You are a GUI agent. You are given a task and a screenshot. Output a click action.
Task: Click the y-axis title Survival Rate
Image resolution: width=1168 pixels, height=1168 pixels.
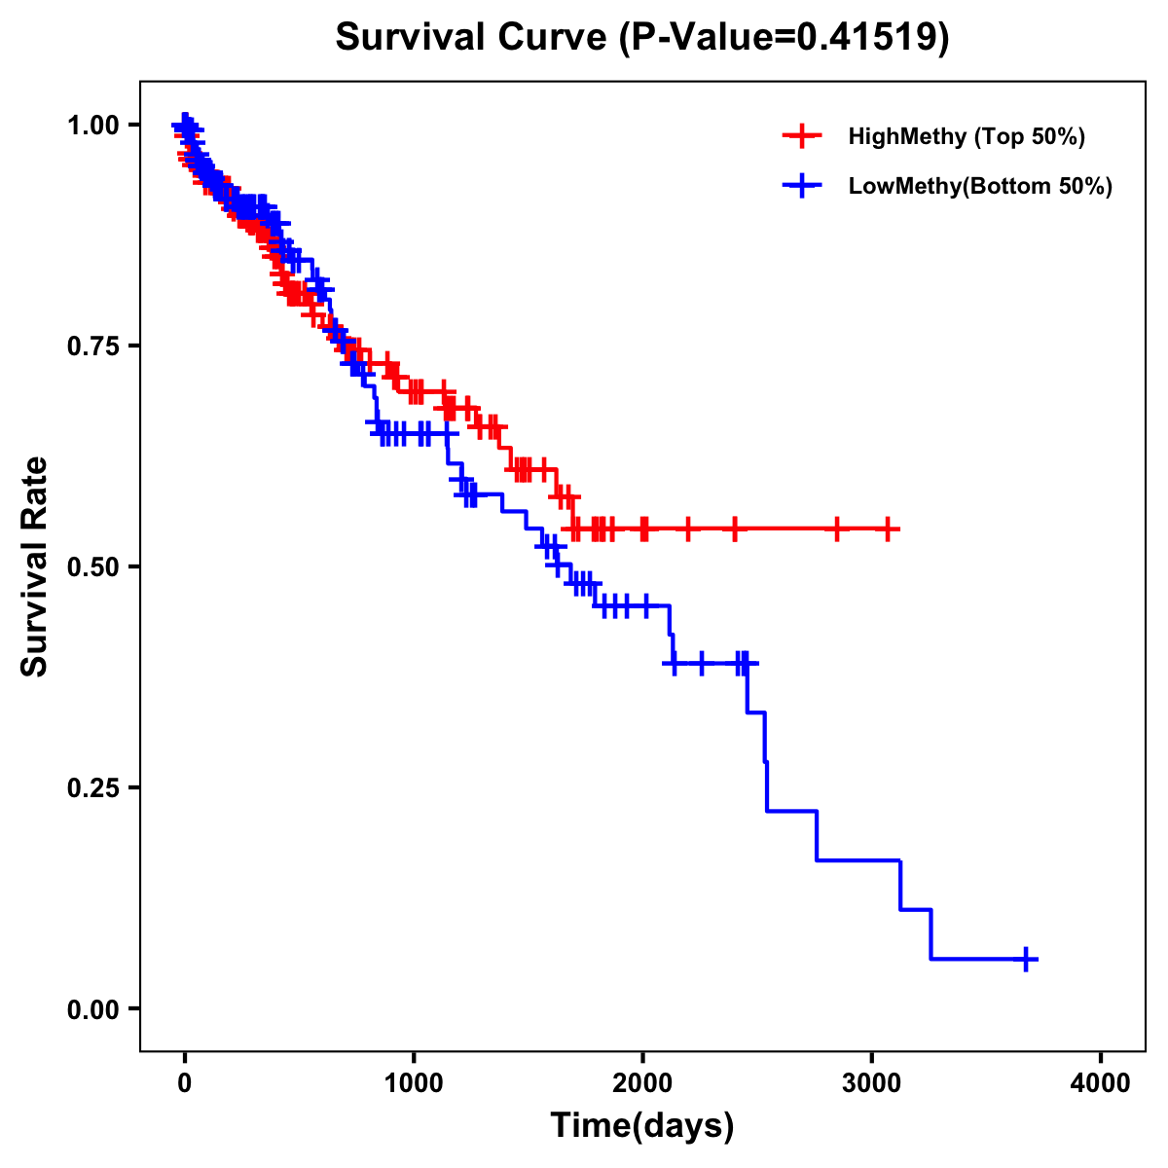tap(35, 566)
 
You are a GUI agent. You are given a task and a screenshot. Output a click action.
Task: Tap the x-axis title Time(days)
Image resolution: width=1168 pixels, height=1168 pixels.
tap(642, 1125)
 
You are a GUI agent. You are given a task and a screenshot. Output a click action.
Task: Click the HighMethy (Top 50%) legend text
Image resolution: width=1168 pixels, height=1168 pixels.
tap(967, 137)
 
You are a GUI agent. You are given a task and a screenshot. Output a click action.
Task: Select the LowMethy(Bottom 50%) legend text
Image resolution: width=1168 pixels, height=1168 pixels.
tap(980, 187)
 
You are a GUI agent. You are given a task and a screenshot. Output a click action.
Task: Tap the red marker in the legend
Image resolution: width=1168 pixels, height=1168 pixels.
tap(802, 136)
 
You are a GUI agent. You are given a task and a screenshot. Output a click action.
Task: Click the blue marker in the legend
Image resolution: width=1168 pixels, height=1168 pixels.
tap(802, 186)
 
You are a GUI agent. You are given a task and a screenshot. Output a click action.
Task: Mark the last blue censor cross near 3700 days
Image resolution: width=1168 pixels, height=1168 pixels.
tap(1025, 959)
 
